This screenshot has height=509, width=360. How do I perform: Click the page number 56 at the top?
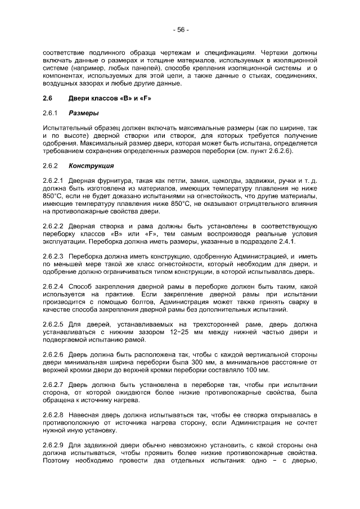pos(180,29)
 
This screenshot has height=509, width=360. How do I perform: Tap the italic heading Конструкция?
pos(91,166)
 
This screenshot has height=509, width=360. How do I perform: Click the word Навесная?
pos(85,415)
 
